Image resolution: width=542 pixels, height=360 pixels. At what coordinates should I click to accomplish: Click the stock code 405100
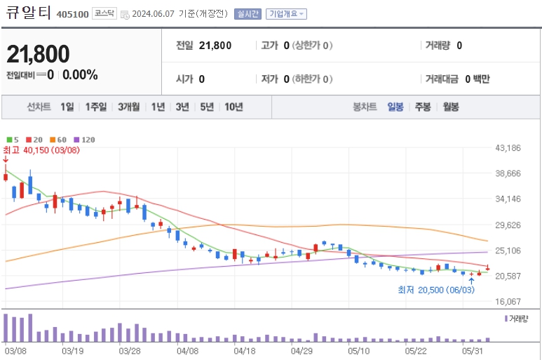click(x=72, y=14)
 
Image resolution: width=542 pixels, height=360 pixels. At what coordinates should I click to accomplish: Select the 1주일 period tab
click(x=96, y=107)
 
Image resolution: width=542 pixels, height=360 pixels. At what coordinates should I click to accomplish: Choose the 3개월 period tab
click(x=130, y=107)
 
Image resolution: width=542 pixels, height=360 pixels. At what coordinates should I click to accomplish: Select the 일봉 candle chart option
click(x=395, y=107)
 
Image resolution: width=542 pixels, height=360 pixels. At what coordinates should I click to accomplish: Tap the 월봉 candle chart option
click(x=450, y=107)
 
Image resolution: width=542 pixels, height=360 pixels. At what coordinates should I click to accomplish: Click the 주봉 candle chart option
click(x=423, y=107)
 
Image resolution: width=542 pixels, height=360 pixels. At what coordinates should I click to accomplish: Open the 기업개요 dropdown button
click(x=285, y=14)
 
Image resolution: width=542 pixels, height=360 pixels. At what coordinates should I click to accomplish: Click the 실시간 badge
click(x=248, y=14)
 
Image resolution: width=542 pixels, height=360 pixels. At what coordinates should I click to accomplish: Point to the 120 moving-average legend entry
click(x=84, y=140)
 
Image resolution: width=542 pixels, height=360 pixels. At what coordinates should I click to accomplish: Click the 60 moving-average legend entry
click(x=60, y=140)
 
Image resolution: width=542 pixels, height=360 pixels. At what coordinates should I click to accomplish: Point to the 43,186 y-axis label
click(x=509, y=148)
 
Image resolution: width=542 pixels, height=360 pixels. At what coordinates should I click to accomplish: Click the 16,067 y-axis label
click(x=509, y=301)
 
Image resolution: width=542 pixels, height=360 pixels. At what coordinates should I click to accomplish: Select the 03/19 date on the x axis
click(x=73, y=349)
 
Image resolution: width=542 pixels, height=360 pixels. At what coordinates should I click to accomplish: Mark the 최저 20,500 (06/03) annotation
click(x=431, y=290)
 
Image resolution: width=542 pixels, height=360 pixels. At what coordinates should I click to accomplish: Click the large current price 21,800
click(x=39, y=54)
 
